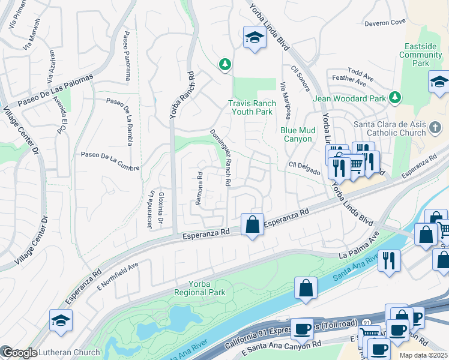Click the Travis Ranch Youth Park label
click(x=252, y=107)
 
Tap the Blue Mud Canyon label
click(x=297, y=134)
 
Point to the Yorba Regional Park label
click(x=199, y=288)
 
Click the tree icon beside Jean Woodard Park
click(x=395, y=97)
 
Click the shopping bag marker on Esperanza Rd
click(x=253, y=225)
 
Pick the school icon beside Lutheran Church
click(x=61, y=321)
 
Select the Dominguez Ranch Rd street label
click(x=220, y=158)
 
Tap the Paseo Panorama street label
click(x=127, y=55)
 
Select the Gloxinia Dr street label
click(x=161, y=207)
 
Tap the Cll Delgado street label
click(x=304, y=168)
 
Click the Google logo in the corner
click(x=19, y=353)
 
